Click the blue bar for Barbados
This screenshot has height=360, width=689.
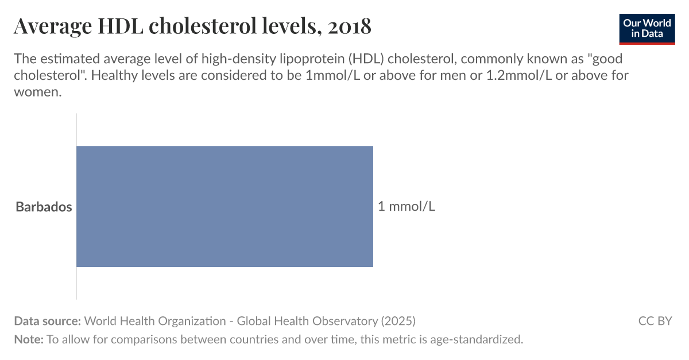224,206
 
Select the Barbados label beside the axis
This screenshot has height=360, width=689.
44,207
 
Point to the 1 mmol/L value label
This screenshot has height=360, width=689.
407,206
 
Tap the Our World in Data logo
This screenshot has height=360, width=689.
647,27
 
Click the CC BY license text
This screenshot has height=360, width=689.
655,321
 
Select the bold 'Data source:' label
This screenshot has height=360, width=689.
48,321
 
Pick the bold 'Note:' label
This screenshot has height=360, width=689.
29,339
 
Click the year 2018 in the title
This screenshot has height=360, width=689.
350,26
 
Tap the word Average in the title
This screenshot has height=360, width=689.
51,26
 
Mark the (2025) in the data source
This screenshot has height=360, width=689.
397,321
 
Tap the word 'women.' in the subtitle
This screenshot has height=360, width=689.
37,92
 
